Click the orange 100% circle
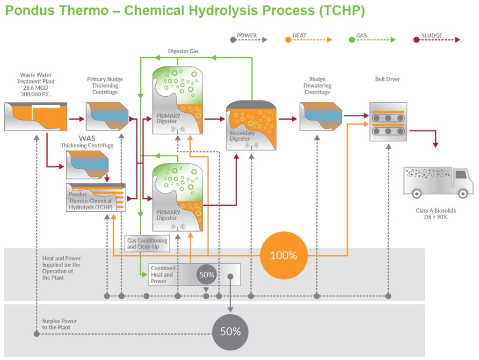pyautogui.click(x=283, y=255)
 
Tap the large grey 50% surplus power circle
pyautogui.click(x=230, y=331)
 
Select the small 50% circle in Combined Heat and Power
pyautogui.click(x=206, y=274)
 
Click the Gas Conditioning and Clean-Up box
pyautogui.click(x=147, y=244)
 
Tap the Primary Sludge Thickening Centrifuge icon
pyautogui.click(x=107, y=116)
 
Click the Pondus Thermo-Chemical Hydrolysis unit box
pyautogui.click(x=96, y=197)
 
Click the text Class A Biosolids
pyautogui.click(x=435, y=210)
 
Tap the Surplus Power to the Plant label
pyautogui.click(x=59, y=324)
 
